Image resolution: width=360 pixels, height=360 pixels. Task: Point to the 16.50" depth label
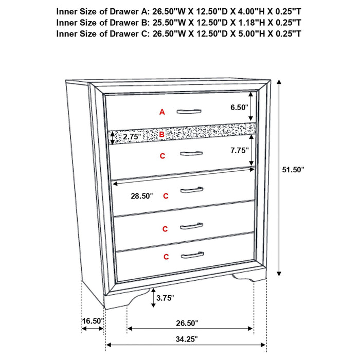point(93,321)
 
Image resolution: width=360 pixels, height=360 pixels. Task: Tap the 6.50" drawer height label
point(239,107)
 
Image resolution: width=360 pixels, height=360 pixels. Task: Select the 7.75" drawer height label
point(239,151)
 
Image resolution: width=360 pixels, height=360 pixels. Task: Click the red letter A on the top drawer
point(162,112)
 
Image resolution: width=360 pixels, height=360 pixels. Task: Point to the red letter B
point(161,135)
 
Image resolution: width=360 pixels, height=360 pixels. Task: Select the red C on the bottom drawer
point(166,256)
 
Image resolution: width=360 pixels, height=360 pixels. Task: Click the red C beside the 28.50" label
point(165,196)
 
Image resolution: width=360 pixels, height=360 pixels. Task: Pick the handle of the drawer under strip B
point(190,153)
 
